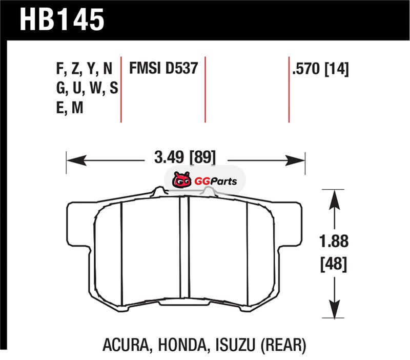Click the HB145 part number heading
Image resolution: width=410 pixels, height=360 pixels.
(62, 19)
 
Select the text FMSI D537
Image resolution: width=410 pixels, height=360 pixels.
(163, 68)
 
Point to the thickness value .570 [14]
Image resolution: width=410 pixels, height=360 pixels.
(321, 69)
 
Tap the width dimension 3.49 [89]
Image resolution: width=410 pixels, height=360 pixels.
(185, 157)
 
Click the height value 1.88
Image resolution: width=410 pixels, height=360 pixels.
(334, 241)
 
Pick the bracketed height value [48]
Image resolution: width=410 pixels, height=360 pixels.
(334, 264)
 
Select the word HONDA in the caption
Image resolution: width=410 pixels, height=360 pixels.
(182, 345)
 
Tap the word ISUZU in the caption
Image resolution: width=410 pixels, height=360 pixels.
(235, 345)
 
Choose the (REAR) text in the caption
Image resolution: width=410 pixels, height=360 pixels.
(283, 345)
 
